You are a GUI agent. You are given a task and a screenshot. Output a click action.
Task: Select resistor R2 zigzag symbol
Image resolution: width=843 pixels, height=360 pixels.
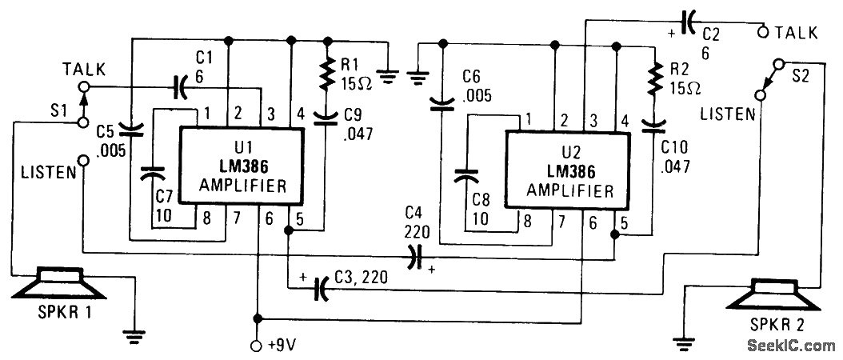[x=654, y=78]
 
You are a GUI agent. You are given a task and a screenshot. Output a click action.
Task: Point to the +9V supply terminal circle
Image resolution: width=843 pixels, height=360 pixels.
[x=257, y=346]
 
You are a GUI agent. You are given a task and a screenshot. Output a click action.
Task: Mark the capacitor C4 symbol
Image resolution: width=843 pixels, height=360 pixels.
[x=414, y=256]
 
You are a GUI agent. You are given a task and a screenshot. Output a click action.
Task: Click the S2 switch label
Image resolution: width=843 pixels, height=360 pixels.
[x=801, y=76]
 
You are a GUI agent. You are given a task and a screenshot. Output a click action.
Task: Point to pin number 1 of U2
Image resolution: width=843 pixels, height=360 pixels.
[x=528, y=120]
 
